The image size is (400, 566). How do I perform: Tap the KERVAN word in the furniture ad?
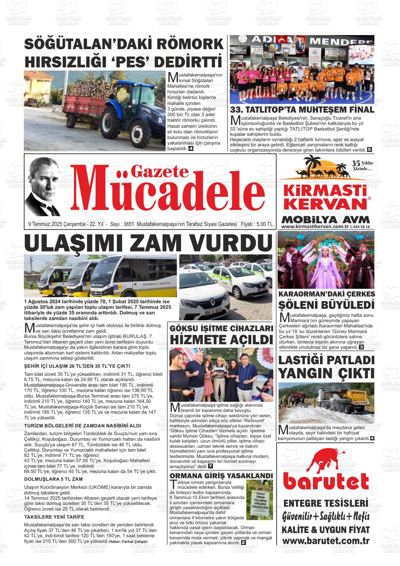(325, 204)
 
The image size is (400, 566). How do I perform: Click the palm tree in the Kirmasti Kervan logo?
(311, 163)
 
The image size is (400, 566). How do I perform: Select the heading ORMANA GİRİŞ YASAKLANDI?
(221, 475)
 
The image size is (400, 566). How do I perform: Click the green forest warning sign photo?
(259, 495)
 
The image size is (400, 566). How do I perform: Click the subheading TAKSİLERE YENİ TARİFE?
(54, 517)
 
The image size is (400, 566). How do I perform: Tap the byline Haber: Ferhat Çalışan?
(128, 541)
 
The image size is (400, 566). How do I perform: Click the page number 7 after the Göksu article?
(210, 466)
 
